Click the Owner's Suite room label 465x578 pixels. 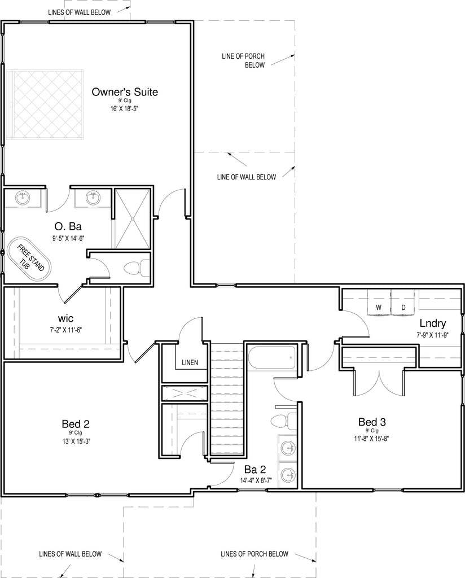click(125, 92)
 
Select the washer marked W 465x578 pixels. click(379, 303)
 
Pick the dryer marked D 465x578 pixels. click(403, 303)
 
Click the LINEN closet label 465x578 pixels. click(190, 363)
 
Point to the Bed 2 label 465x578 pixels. click(76, 424)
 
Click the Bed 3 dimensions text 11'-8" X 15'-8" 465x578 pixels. click(372, 439)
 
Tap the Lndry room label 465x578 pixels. click(433, 323)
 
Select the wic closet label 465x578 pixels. click(65, 318)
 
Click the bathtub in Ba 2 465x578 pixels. click(272, 357)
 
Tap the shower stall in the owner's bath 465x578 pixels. click(132, 218)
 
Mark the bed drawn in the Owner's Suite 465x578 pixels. click(48, 104)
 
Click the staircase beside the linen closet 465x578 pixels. click(227, 399)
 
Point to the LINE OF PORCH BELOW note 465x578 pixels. click(243, 60)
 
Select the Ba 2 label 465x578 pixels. click(255, 470)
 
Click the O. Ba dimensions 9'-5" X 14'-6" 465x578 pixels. click(68, 238)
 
